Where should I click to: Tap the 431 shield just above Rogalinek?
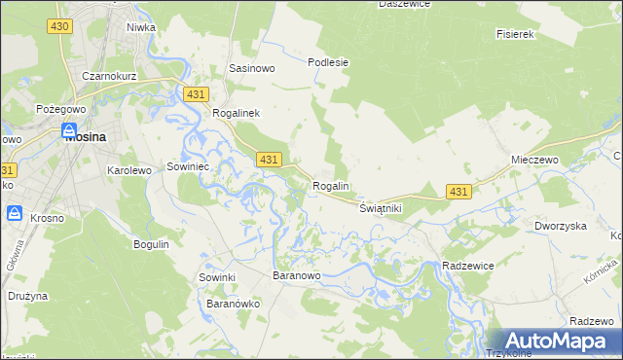(196, 93)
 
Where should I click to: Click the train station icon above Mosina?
(69, 130)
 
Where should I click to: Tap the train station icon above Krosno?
(15, 212)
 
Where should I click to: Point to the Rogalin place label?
(331, 186)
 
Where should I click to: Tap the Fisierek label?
(516, 34)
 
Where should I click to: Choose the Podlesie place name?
(328, 62)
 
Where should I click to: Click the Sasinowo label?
(251, 69)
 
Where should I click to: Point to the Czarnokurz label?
(107, 76)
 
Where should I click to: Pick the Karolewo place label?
(128, 170)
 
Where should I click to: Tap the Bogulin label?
(151, 244)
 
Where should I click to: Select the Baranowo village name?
(297, 277)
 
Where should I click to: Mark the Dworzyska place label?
(560, 226)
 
